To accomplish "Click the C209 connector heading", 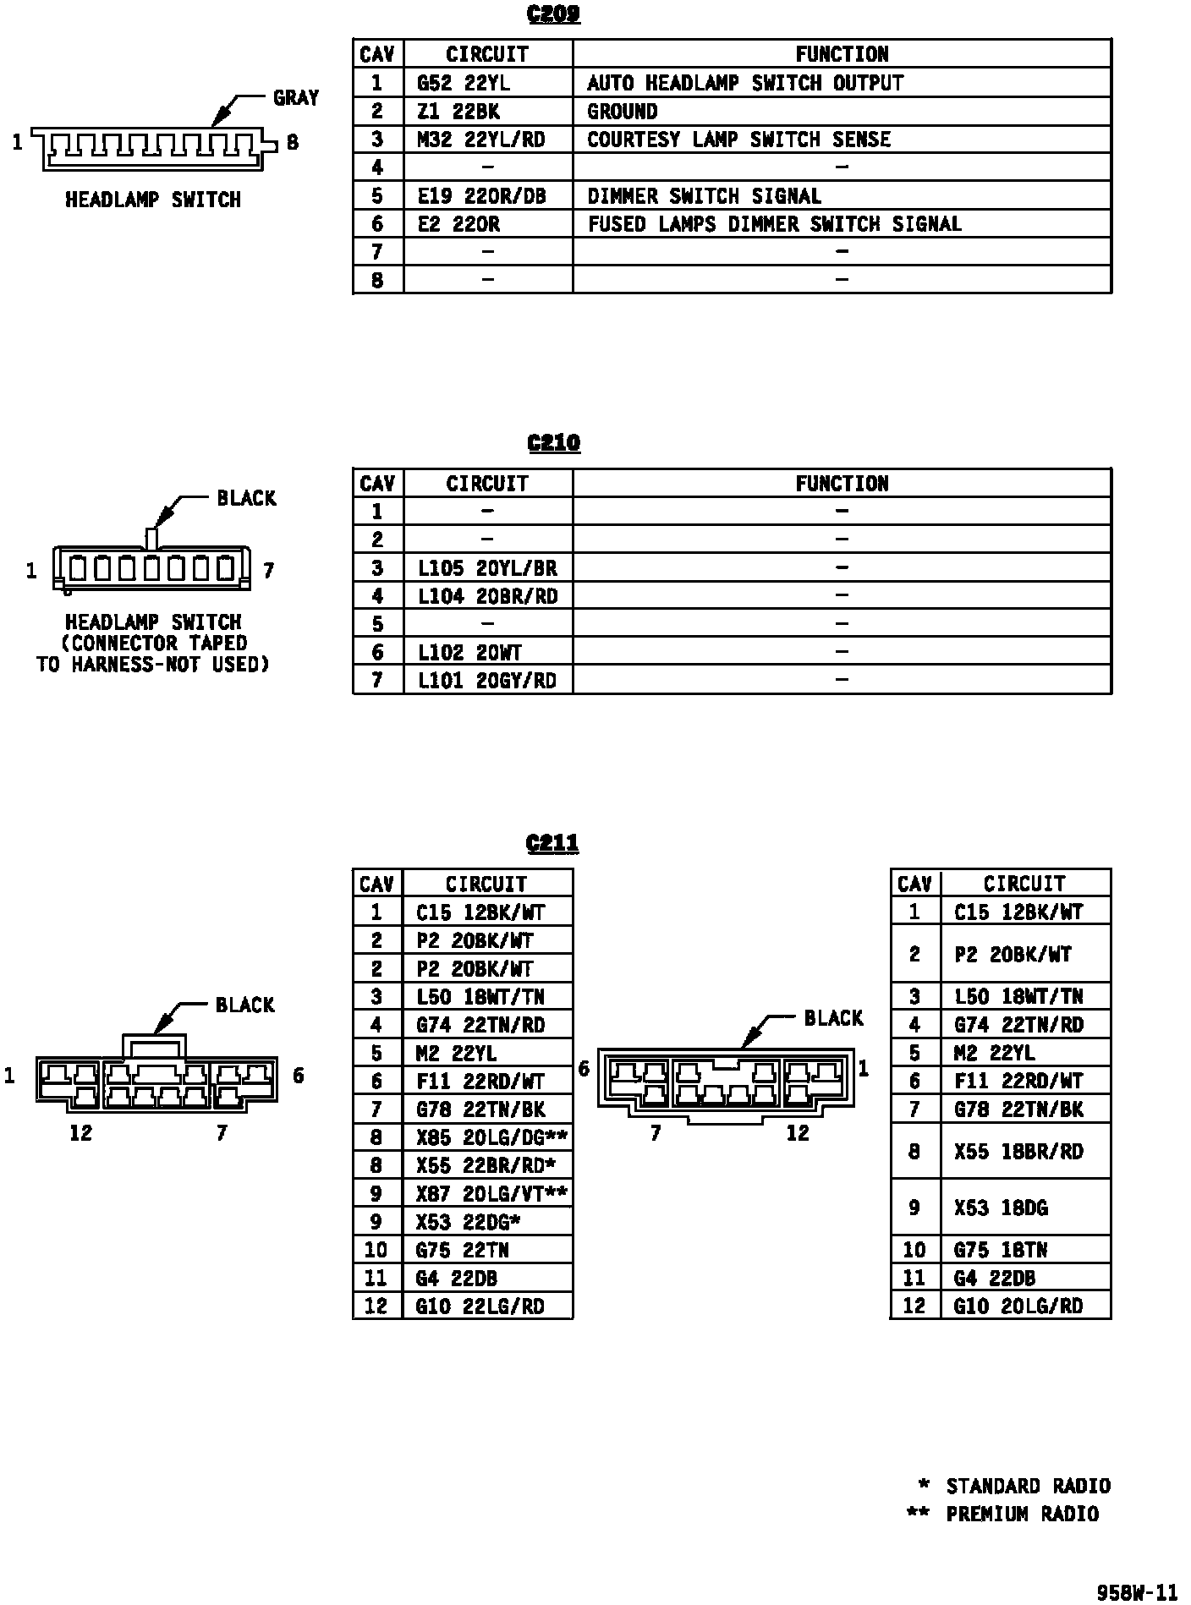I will tap(553, 15).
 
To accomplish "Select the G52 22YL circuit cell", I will tap(464, 83).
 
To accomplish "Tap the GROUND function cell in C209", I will tap(623, 111).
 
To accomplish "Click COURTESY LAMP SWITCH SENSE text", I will tap(738, 140).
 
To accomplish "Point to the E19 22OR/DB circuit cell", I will tap(481, 196).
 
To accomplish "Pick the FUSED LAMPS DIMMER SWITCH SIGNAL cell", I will tap(774, 224).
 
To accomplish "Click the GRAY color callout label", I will tap(295, 98).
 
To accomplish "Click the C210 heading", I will tap(553, 443).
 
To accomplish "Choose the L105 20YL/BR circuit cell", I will tap(487, 568).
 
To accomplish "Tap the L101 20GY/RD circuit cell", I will tap(487, 681).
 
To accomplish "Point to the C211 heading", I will tap(552, 843).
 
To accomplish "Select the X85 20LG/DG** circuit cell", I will tap(491, 1137).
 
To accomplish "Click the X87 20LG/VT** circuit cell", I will tap(491, 1194).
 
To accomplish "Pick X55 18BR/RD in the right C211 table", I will tap(1018, 1152).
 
